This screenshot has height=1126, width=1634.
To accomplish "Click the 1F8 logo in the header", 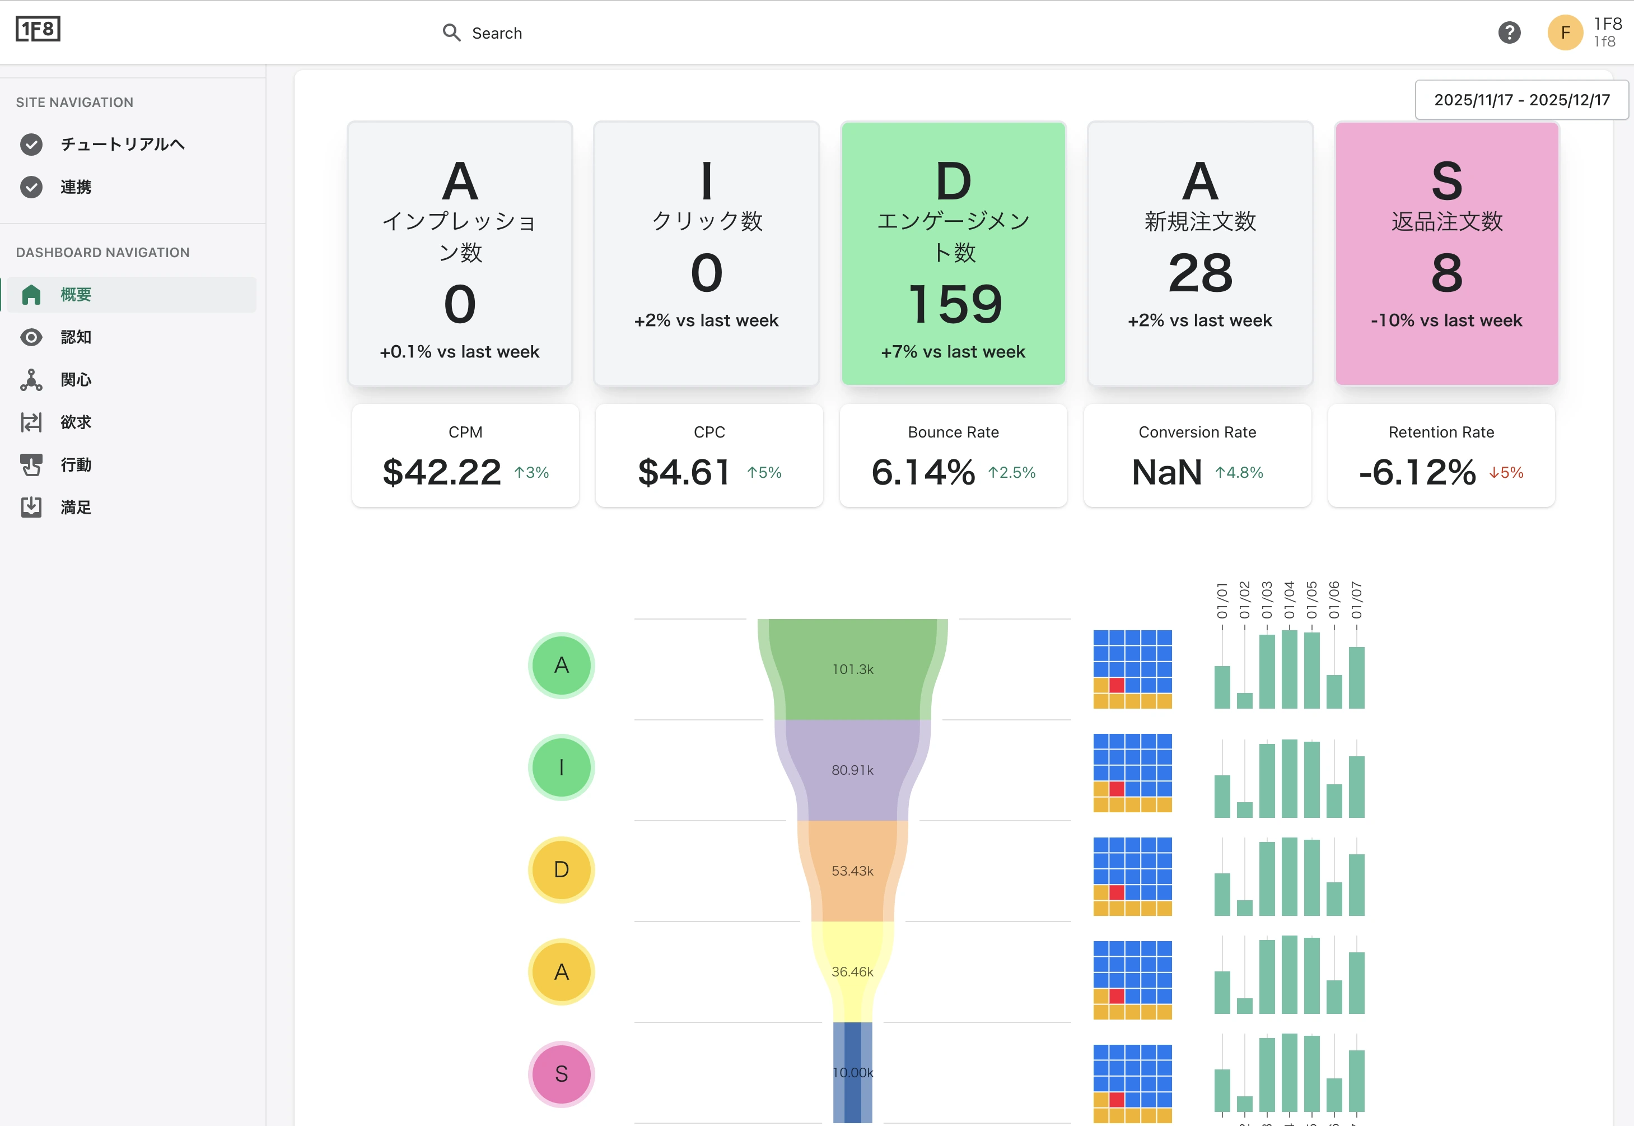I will [x=38, y=30].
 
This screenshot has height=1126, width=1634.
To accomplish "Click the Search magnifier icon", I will [x=451, y=32].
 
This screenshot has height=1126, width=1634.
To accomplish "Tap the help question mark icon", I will [x=1509, y=32].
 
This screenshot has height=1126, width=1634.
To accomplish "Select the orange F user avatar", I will [x=1565, y=32].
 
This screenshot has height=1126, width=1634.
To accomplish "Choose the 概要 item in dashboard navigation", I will [x=76, y=294].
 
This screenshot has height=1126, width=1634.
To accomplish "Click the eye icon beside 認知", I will [x=31, y=337].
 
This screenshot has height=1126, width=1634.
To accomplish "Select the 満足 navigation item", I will [x=76, y=508].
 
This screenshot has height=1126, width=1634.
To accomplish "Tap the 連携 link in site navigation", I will [x=76, y=187].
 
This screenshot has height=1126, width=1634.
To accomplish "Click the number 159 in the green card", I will [x=954, y=304].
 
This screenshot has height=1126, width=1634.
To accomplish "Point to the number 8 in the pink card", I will [x=1446, y=273].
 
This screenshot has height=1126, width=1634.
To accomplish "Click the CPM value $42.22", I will [x=441, y=472].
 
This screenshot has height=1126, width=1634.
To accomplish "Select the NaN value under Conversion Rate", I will [x=1166, y=472].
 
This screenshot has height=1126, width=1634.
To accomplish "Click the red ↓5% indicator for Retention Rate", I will [x=1506, y=473].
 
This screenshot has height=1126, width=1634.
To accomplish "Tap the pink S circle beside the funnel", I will [x=561, y=1074].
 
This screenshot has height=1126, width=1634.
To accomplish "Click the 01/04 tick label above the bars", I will [x=1289, y=599].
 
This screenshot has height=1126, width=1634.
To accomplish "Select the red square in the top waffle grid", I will [x=1117, y=685].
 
